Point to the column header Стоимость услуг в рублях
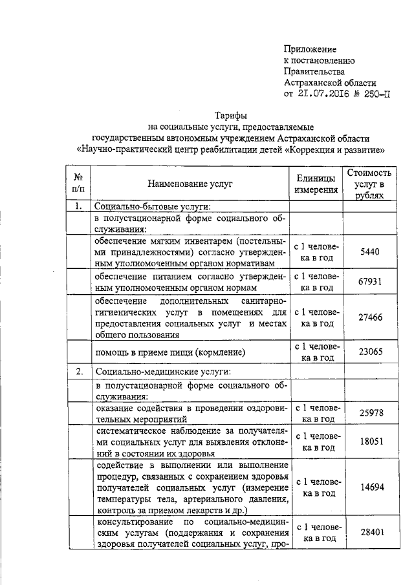369,184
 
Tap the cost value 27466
369,317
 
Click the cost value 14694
369,489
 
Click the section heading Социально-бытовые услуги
153,207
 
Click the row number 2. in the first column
78,372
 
